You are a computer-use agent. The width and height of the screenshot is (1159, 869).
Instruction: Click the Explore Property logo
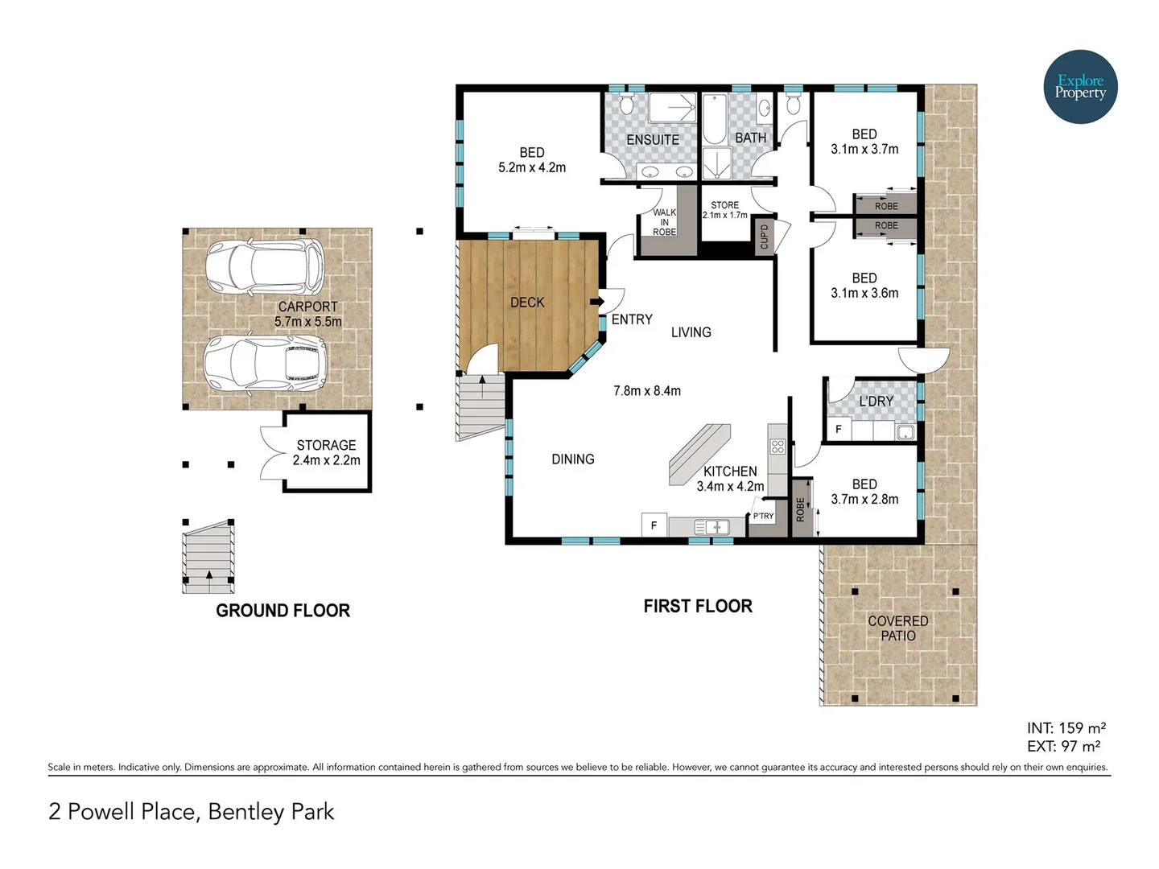pos(1080,87)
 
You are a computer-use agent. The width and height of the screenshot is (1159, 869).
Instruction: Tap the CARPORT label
pos(307,307)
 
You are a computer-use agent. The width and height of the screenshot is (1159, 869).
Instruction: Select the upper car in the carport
pos(265,268)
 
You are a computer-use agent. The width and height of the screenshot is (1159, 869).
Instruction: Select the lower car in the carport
pos(265,364)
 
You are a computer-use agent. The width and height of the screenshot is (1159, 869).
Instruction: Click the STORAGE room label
pos(326,445)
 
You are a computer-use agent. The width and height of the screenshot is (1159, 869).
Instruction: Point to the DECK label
pos(527,303)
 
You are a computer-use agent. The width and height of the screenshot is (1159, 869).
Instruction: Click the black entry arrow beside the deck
pos(596,302)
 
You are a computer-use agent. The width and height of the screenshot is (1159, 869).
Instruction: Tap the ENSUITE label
pos(653,140)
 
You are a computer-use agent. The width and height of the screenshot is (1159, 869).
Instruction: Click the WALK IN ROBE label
pos(664,222)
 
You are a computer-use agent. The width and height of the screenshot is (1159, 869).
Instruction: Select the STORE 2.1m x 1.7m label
pos(724,210)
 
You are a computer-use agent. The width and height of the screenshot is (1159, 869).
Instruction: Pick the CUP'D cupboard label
pos(765,237)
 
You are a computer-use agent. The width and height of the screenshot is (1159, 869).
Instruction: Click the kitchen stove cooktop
pos(777,446)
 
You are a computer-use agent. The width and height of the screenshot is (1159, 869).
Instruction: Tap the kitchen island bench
pos(699,455)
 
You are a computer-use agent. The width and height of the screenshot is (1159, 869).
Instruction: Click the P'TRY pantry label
pos(763,516)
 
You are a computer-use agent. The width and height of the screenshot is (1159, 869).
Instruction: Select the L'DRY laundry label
pos(876,401)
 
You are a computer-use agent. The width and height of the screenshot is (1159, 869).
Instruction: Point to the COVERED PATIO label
pos(897,628)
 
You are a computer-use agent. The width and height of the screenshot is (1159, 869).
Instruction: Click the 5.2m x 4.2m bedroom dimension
pos(532,168)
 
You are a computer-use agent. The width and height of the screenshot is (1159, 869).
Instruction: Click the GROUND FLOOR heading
pos(283,611)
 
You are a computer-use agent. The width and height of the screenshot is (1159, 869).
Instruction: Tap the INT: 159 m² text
pos(1066,728)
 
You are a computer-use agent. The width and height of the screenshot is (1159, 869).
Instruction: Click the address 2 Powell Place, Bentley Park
pos(192,811)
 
